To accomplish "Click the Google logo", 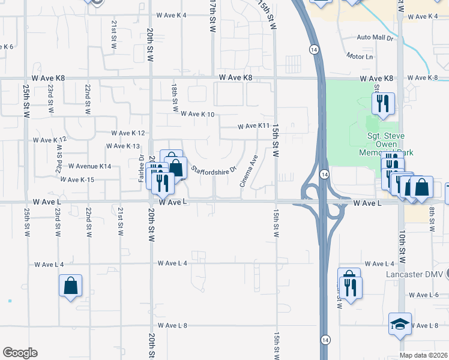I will click(20, 353).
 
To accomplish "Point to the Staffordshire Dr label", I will click(215, 166).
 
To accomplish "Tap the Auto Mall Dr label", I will click(374, 37).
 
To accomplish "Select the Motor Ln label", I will click(360, 56).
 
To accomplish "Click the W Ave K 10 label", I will click(197, 114).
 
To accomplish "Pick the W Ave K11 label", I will click(253, 127).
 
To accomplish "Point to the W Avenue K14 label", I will click(90, 166).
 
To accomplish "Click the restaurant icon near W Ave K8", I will click(382, 104).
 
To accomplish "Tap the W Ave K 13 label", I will click(123, 146).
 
